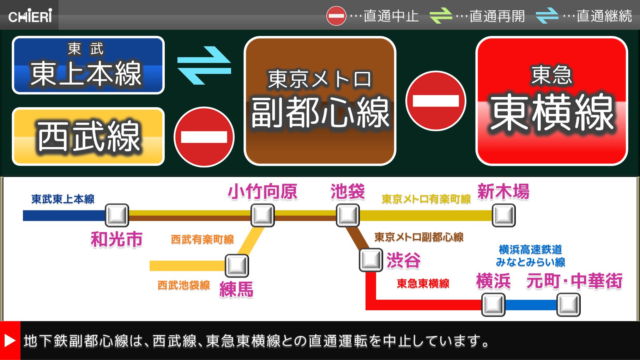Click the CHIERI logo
30,16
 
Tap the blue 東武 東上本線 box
88,65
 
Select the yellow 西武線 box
88,136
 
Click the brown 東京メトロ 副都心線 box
320,101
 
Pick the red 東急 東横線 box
551,101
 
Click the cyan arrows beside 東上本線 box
204,66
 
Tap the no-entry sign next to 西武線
204,137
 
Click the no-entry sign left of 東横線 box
435,101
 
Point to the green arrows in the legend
441,16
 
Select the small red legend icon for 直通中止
336,16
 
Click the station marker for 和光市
117,215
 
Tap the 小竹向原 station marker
262,215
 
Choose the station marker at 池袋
348,215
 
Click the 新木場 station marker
503,215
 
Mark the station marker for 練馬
237,266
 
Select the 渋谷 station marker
370,260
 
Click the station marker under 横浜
493,305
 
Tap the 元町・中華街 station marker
568,305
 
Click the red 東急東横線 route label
423,283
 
